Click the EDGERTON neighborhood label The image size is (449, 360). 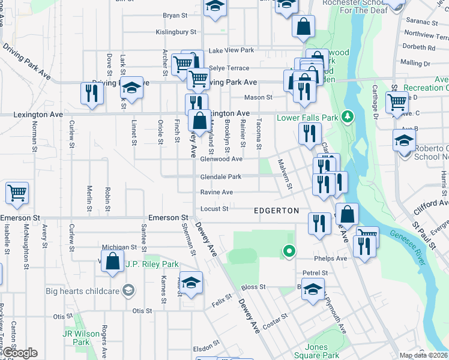point(276,211)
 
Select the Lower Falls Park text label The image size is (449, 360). point(307,118)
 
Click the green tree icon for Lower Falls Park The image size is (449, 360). point(346,116)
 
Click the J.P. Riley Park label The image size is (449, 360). point(152,264)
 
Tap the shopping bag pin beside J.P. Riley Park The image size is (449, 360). point(112,262)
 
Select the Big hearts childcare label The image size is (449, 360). point(82,291)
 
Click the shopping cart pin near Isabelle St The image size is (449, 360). point(17,193)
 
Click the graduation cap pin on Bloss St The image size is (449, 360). point(312,289)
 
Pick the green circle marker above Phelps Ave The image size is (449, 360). point(289,251)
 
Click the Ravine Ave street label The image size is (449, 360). point(217,193)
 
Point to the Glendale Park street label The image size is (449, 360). point(221,177)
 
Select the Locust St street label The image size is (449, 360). point(214,209)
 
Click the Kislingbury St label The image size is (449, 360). point(176,31)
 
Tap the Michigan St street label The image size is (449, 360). point(119,247)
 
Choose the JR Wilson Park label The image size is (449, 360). point(76,338)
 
